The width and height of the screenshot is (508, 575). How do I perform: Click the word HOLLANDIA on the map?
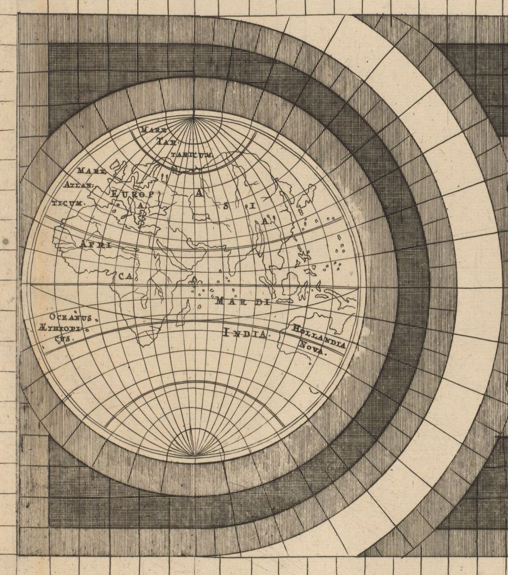(318, 336)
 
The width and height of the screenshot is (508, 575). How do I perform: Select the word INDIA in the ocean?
(245, 334)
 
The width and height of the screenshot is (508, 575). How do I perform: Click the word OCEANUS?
(74, 317)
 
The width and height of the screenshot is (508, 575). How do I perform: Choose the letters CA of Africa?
(125, 276)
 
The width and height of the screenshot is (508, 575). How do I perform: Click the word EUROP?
(135, 193)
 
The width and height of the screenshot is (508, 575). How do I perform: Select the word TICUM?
(67, 201)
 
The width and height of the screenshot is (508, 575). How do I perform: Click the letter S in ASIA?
(226, 206)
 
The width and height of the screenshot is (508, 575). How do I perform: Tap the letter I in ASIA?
(252, 206)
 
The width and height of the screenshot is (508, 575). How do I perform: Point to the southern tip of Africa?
(145, 343)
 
